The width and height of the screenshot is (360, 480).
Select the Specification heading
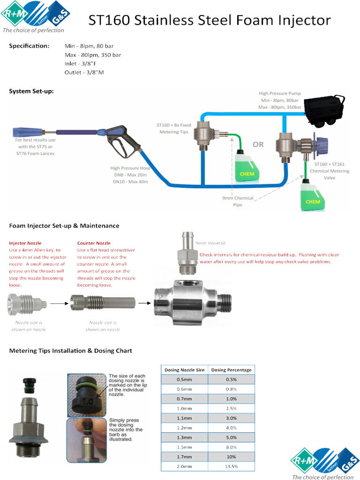pyautogui.click(x=29, y=46)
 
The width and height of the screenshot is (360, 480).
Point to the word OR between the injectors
pyautogui.click(x=258, y=144)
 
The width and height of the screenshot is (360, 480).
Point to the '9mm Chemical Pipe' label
pyautogui.click(x=238, y=201)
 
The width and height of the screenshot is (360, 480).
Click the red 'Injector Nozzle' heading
pyautogui.click(x=25, y=243)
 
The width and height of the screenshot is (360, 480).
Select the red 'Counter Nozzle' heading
pyautogui.click(x=94, y=243)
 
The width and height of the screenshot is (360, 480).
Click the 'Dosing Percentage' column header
pyautogui.click(x=231, y=370)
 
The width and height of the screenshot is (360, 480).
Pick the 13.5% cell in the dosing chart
pyautogui.click(x=231, y=466)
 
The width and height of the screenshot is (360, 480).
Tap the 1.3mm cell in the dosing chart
pyautogui.click(x=184, y=437)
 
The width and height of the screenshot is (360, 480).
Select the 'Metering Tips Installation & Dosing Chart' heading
pyautogui.click(x=71, y=351)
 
